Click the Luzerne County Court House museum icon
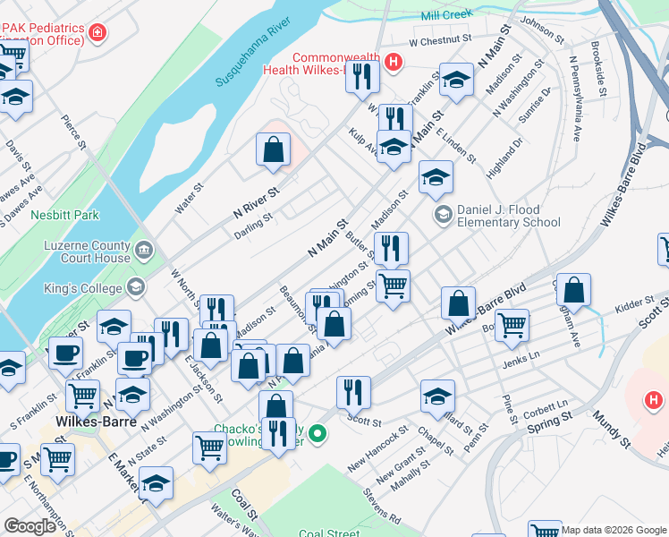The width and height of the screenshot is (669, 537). tap(143, 249)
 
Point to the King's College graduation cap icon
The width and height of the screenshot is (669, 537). tap(136, 287)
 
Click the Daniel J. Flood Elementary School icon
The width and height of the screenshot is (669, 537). tap(442, 214)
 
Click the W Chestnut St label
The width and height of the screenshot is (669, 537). tap(439, 40)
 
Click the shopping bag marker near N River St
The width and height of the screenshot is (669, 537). tap(273, 149)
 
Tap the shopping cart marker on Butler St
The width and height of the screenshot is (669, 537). tap(393, 286)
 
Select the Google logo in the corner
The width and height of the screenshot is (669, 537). tap(30, 526)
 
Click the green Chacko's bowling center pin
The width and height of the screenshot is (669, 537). tap(318, 434)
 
